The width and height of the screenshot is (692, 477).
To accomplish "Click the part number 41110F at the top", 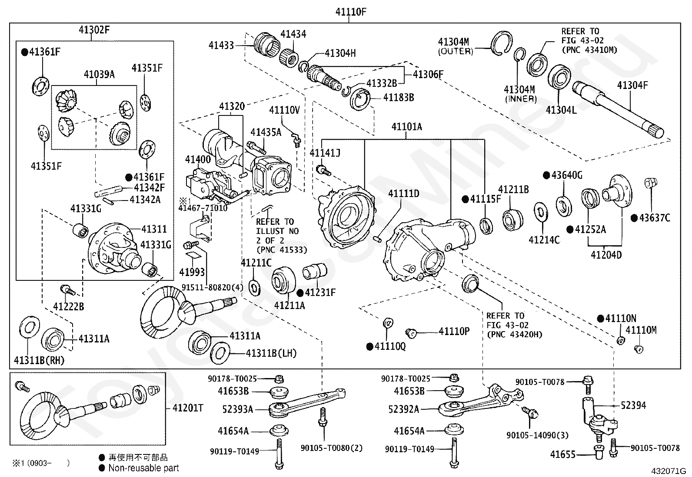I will coord(350,12).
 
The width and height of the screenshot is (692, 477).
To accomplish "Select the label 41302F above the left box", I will coord(94,30).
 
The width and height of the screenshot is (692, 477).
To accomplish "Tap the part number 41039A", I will coord(99,75).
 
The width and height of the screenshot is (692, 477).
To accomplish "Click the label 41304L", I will coord(561,110).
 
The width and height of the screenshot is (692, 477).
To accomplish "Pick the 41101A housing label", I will coord(406,127).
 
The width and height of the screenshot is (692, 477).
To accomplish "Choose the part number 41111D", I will coord(403,193).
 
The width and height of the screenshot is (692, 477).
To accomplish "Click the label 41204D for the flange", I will coord(606,255).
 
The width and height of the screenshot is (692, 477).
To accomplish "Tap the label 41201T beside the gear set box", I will coord(188,408).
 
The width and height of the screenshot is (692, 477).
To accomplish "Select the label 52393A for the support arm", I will coord(237,409).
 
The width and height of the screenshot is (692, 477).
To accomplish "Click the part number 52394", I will coord(633,405).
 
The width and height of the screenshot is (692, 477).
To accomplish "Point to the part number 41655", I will coord(562,455).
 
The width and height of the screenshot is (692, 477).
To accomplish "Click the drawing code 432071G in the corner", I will coord(668,470).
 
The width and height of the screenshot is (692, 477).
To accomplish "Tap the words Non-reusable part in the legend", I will coord(143,468).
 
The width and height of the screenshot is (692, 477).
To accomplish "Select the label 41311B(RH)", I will coord(39,360).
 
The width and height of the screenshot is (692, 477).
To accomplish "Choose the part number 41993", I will coord(192,272).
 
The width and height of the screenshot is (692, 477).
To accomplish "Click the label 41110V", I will coord(284,110).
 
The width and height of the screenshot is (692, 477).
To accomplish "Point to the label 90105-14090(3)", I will coord(537,435).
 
